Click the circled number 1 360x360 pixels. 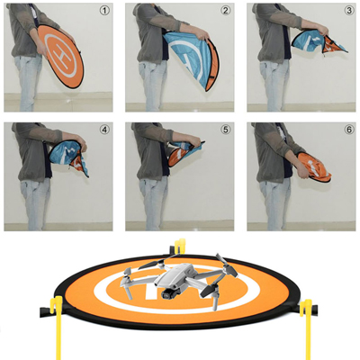coord(104,11)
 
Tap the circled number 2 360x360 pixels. coord(226,11)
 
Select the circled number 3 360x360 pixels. coord(349,11)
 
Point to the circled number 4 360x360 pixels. coord(104,130)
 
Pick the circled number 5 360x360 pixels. coord(225,130)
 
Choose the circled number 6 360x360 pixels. coord(349,130)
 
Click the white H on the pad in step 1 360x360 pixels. coord(62,56)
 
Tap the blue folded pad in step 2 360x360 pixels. coord(192,60)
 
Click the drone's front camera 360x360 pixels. coord(166,295)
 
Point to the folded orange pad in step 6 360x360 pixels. coord(314,166)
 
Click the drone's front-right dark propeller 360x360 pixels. coord(207,290)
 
